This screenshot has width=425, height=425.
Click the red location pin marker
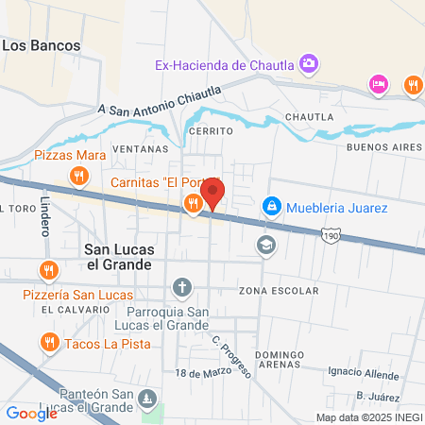213,195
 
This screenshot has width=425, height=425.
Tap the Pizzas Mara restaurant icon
79,175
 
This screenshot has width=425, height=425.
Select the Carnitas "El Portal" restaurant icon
193,203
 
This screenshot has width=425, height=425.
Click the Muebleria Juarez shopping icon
271,204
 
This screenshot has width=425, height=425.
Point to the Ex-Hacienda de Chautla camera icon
308,64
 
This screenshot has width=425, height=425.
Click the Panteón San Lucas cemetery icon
146,399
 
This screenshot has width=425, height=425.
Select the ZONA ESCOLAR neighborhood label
278,290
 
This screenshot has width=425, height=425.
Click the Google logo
31,412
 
